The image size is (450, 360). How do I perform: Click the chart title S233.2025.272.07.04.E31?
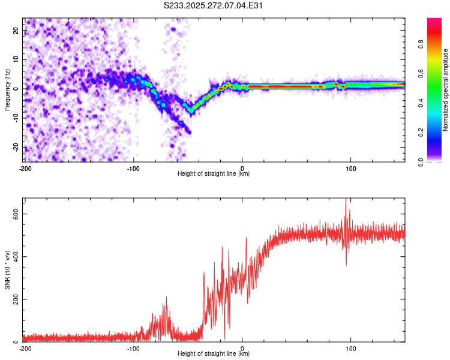point(213,5)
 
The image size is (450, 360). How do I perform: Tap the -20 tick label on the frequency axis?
point(16,147)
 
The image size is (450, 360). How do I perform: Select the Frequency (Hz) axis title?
point(7,89)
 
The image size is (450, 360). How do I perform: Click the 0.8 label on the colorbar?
point(421,44)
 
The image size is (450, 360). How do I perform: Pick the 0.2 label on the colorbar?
point(421,133)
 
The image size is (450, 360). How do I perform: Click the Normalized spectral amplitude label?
point(445,90)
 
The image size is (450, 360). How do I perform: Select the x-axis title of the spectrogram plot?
point(214,173)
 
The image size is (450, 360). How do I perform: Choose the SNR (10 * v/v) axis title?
point(7,270)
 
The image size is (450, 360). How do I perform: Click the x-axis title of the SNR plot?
point(214,353)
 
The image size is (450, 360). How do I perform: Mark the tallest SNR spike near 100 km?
point(346,199)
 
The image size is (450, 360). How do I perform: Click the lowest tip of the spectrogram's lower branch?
point(189,133)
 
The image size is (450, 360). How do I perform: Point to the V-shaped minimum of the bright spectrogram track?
point(190,110)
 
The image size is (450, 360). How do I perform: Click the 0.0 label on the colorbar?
point(421,162)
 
